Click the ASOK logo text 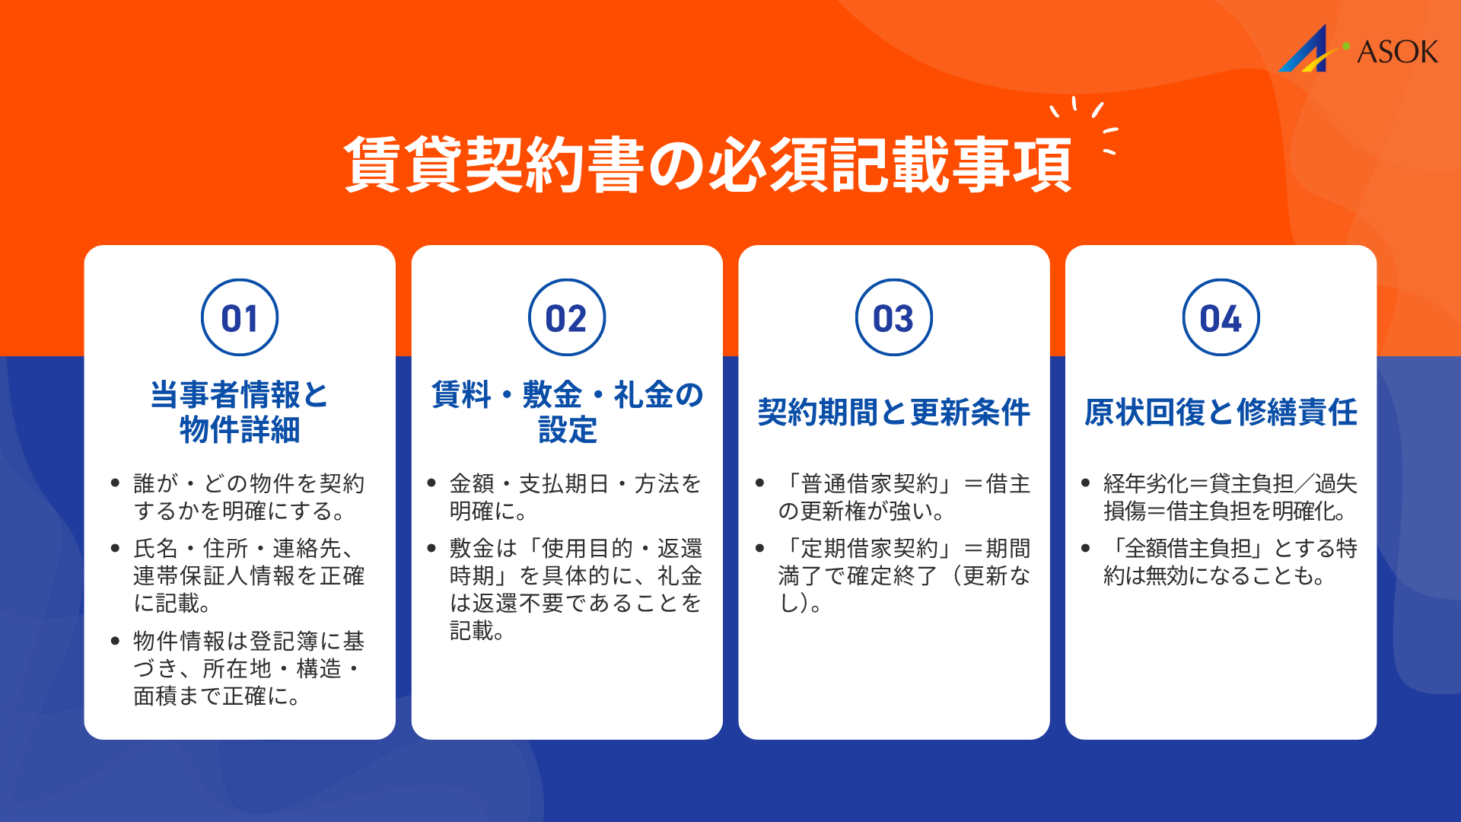pos(1397,52)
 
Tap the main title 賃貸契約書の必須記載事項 pos(708,164)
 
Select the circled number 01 pos(240,317)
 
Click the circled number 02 pos(567,317)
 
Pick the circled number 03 pos(894,317)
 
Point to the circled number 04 pos(1221,317)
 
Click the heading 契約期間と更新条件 pos(894,413)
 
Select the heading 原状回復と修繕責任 pos(1221,413)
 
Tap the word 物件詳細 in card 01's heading pos(240,430)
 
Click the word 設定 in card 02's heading pos(567,430)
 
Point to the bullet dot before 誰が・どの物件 pos(115,483)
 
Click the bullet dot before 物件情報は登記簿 pos(115,641)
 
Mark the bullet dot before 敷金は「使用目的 pos(431,548)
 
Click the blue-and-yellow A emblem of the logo pos(1307,50)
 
